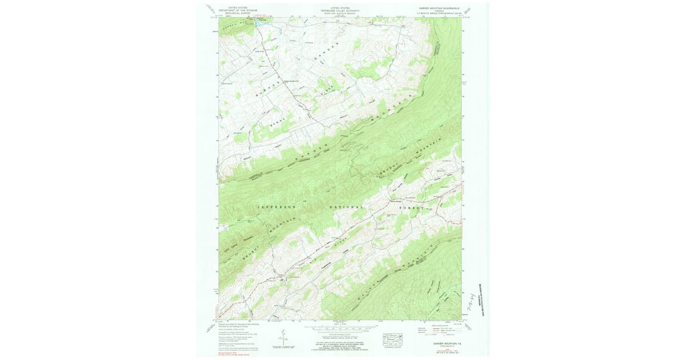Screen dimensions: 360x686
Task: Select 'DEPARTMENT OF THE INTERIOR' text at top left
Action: click(242, 10)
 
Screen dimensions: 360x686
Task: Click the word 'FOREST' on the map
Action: click(416, 209)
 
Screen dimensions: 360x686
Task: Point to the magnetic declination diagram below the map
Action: click(284, 339)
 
